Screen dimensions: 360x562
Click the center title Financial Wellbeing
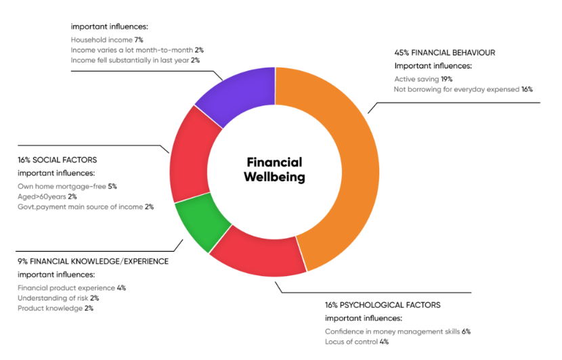pos(274,170)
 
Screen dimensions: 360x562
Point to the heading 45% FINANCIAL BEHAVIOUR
pos(444,52)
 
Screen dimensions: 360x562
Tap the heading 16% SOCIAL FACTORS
pos(57,160)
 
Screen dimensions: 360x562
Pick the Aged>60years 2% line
pos(47,196)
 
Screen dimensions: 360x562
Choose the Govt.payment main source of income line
pos(85,206)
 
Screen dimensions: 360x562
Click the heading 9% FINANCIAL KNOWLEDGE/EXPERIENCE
pos(93,261)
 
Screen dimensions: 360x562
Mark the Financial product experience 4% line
pos(72,288)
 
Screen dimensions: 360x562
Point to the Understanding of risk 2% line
pos(58,298)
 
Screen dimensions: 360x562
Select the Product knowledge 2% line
pos(55,308)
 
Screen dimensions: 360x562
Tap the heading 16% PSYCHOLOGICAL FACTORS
pos(383,305)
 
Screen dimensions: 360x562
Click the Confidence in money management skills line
pos(397,332)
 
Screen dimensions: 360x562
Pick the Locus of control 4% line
pos(356,342)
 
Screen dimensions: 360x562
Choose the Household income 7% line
pos(107,40)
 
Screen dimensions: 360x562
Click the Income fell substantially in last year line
pos(135,60)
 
